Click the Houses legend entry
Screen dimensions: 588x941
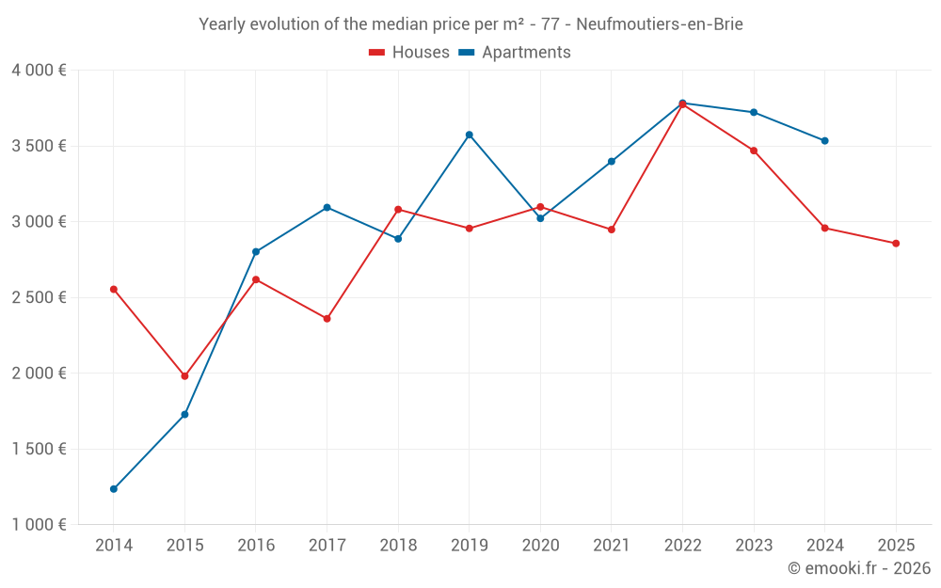point(409,53)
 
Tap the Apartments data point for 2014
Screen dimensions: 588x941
point(114,489)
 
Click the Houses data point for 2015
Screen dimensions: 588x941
point(184,376)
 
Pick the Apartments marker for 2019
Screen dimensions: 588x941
point(470,135)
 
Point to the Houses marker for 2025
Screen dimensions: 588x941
point(896,244)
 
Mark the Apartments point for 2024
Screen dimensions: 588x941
point(825,141)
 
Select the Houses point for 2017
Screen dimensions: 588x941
point(327,319)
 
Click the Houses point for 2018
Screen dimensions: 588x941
point(398,209)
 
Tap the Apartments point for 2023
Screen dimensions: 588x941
point(754,112)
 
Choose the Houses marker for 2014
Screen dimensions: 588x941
point(114,289)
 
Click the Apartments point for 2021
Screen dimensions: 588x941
point(612,162)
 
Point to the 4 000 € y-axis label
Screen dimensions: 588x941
point(39,71)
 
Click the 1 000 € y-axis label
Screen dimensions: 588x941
point(39,525)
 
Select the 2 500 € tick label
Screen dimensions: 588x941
point(39,297)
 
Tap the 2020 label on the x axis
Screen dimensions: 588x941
point(540,546)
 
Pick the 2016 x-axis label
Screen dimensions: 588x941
point(256,546)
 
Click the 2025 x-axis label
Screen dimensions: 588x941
point(896,546)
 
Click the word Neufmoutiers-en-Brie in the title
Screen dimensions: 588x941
point(658,24)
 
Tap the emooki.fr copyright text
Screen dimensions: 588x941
point(859,568)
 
